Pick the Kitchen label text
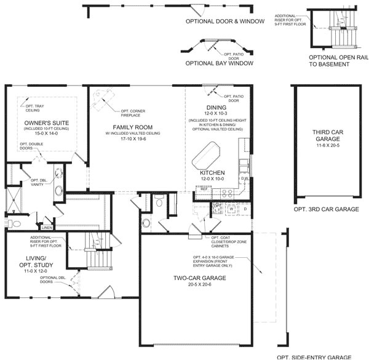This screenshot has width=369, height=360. click(x=212, y=173)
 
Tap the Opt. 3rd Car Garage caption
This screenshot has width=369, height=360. click(x=327, y=209)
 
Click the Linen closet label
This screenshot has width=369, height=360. click(x=47, y=228)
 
